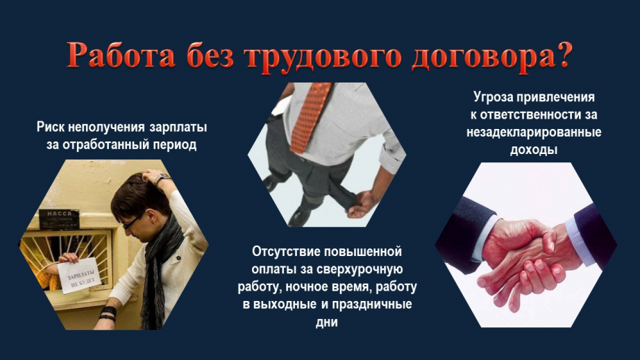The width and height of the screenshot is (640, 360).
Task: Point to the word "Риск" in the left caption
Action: [50, 127]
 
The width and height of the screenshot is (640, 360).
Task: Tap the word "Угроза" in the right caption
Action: [493, 97]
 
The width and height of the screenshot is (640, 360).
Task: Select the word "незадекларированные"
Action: [534, 132]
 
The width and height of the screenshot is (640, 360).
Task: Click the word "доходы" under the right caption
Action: [534, 150]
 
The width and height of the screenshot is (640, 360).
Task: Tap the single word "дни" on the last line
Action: [327, 323]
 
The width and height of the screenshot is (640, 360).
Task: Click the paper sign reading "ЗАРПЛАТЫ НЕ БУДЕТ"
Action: [79, 275]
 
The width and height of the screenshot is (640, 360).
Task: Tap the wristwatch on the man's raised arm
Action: [162, 178]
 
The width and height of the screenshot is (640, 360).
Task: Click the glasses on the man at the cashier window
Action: [132, 222]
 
